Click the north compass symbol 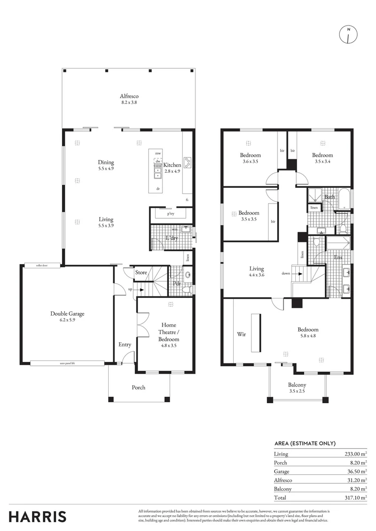coord(348,34)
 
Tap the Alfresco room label coord(129,96)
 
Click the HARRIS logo coord(37,517)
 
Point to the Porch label coord(139,387)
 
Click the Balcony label coord(297,385)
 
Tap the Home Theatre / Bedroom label coord(168,332)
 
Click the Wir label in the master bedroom coord(242,334)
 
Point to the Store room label coord(141,272)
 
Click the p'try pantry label coord(171,214)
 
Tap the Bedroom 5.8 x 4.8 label coord(308,330)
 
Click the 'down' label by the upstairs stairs coord(285,273)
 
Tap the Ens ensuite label coord(338,257)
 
